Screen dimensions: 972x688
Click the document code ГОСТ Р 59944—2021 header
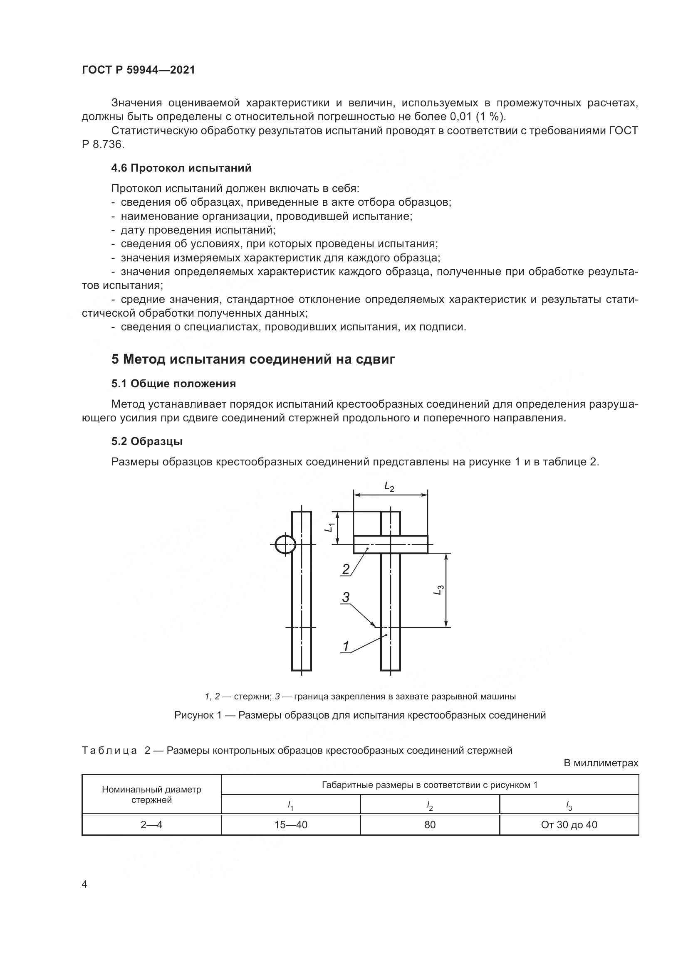coord(139,70)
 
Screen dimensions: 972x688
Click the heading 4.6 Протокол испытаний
coord(181,168)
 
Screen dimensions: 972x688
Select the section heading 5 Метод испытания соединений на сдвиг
coord(253,359)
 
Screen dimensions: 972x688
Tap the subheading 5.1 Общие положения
coord(173,384)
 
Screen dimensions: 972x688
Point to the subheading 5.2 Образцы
coord(146,441)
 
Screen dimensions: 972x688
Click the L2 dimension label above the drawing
coord(389,487)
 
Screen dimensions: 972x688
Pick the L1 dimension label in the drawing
coord(330,527)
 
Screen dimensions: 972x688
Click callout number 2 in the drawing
coord(346,569)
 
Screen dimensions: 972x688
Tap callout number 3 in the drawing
coord(346,597)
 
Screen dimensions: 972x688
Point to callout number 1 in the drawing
coord(346,646)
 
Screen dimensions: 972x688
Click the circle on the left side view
coord(285,544)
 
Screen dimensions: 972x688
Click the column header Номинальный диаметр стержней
coord(151,795)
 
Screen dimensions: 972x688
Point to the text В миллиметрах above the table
coord(600,763)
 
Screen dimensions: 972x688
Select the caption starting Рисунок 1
coord(360,715)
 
